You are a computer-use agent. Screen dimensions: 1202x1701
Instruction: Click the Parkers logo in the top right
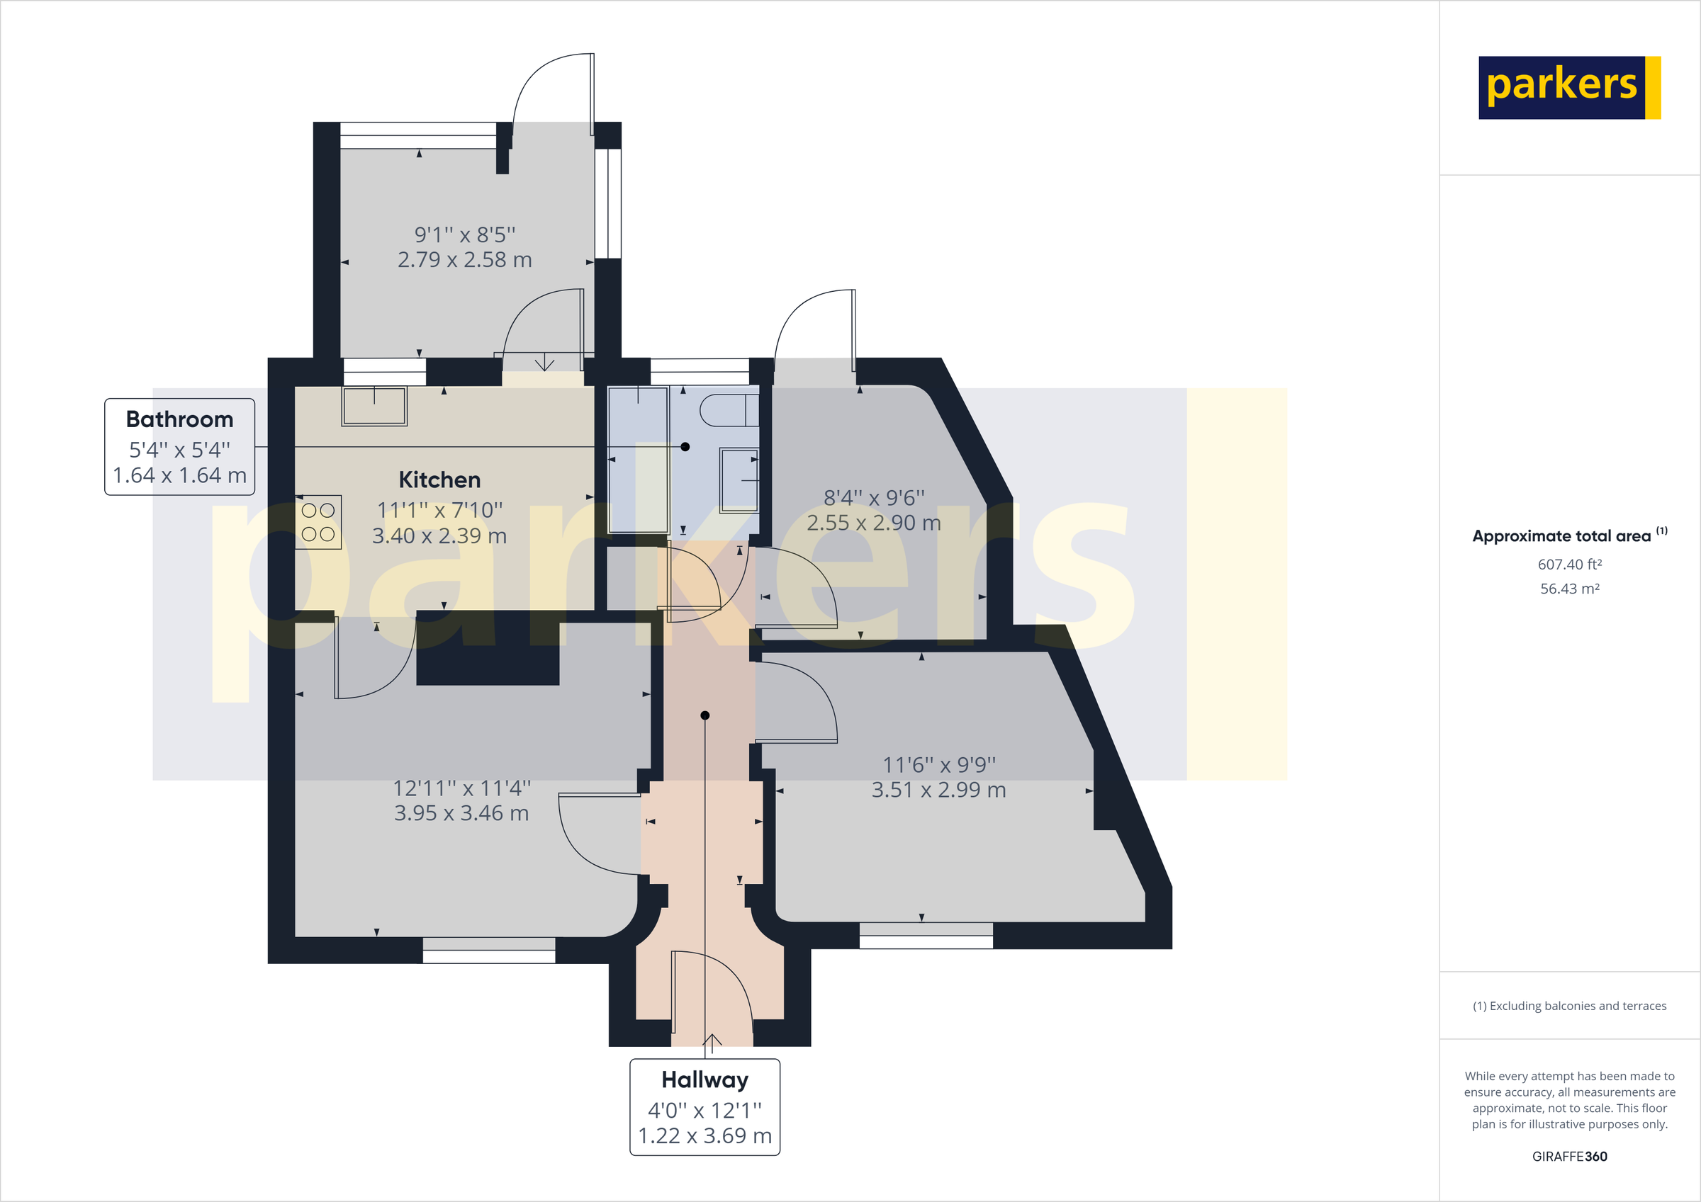tap(1569, 87)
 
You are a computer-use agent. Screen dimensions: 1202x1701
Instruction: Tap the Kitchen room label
tap(439, 480)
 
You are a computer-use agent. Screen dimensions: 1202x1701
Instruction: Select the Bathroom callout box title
tap(179, 419)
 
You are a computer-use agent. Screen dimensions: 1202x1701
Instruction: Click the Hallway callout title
tap(704, 1079)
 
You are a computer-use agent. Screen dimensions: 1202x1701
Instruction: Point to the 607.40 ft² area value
tap(1569, 565)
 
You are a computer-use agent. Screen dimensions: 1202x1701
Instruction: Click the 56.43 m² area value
tap(1569, 589)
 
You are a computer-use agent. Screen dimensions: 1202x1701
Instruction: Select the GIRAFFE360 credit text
tap(1569, 1156)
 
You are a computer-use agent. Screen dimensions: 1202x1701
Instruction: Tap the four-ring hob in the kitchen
tap(318, 522)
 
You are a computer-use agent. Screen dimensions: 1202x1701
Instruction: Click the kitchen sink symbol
tap(374, 406)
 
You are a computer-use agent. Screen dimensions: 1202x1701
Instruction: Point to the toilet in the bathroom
tap(729, 410)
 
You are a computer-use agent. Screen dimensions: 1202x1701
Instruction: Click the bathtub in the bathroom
tap(638, 459)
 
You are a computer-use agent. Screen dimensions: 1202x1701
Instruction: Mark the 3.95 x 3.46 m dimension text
tap(461, 813)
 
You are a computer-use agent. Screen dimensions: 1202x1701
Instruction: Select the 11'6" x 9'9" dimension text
tap(938, 764)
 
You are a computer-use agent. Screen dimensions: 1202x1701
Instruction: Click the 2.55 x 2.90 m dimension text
tap(873, 523)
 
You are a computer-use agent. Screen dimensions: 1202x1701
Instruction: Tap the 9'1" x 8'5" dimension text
tap(464, 234)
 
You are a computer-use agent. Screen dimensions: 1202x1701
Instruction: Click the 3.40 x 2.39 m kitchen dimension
tap(439, 535)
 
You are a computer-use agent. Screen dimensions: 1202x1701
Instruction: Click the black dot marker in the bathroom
tap(685, 446)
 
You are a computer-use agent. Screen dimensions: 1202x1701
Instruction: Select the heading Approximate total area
tap(1561, 536)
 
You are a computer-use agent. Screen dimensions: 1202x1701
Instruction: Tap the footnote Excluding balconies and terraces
tap(1569, 1006)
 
